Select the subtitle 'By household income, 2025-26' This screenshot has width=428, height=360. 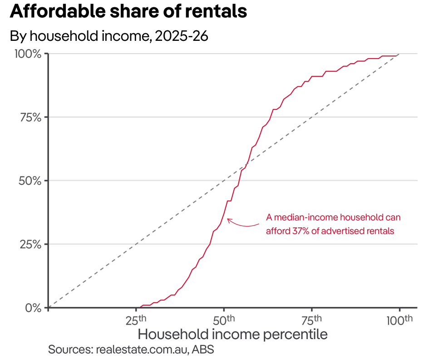pyautogui.click(x=109, y=36)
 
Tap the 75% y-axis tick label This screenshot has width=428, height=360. pyautogui.click(x=31, y=117)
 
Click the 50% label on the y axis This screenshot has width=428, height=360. pyautogui.click(x=31, y=181)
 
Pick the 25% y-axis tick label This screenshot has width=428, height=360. pyautogui.click(x=31, y=244)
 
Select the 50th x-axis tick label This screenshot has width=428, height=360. pyautogui.click(x=224, y=319)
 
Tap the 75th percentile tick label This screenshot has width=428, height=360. pyautogui.click(x=312, y=319)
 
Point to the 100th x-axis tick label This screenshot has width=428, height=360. pyautogui.click(x=399, y=319)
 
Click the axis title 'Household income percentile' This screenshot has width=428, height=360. pyautogui.click(x=232, y=335)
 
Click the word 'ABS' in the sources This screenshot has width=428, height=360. pyautogui.click(x=202, y=350)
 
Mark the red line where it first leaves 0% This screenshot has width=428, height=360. pyautogui.click(x=141, y=307)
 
